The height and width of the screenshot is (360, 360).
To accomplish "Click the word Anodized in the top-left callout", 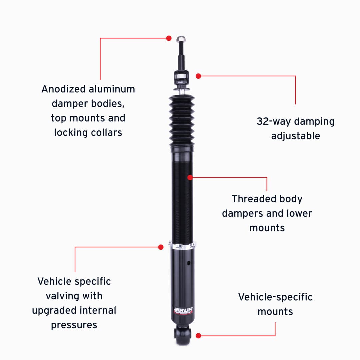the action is pos(64,89).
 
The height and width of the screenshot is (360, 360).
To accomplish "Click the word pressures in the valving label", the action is pos(74,325).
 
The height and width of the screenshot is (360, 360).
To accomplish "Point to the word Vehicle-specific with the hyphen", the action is pos(275,297).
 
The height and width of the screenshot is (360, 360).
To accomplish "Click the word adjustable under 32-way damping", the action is pos(295,136).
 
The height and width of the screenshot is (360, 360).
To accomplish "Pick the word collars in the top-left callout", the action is pos(107,132).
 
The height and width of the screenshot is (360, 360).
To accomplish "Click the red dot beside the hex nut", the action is pos(169,38).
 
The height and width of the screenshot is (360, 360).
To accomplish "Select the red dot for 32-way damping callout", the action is pos(198,76).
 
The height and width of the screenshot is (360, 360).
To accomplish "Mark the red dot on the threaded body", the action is pos(190,177).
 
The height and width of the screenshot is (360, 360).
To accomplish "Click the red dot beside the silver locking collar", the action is pos(161,247).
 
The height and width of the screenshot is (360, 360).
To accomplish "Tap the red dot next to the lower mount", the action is pos(198,336).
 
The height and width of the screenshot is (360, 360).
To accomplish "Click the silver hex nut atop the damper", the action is pos(181,39).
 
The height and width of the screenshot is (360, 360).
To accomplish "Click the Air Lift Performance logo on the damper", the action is pos(183,310).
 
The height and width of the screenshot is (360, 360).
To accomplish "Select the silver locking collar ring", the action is pos(182,246).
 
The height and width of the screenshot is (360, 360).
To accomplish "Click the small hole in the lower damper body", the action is pos(188,263).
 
